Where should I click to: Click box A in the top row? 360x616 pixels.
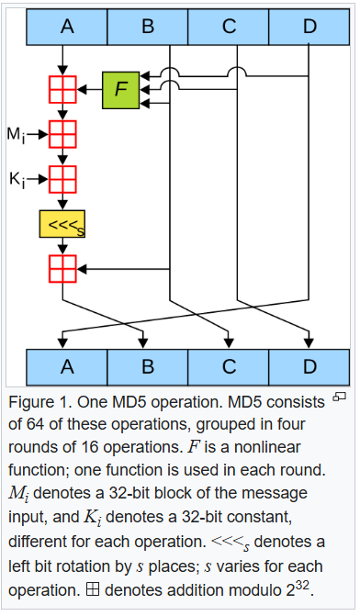[x=67, y=27]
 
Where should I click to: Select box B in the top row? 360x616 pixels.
[x=148, y=27]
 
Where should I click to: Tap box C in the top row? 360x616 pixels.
[x=229, y=27]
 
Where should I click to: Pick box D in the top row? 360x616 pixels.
[x=309, y=27]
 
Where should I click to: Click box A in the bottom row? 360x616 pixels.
[x=67, y=367]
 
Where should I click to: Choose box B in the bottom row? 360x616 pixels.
[x=148, y=367]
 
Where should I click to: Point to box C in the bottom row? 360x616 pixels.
[x=229, y=367]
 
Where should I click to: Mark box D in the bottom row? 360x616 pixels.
[x=309, y=367]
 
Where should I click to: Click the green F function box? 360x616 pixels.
[x=119, y=89]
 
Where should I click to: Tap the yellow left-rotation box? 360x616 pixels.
[x=62, y=224]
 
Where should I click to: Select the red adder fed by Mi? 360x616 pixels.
[x=62, y=135]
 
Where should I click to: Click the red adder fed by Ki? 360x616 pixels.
[x=62, y=178]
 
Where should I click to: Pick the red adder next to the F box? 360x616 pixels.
[x=62, y=89]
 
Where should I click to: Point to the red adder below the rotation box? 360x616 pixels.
[x=62, y=268]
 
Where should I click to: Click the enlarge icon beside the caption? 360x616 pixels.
[x=339, y=397]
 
